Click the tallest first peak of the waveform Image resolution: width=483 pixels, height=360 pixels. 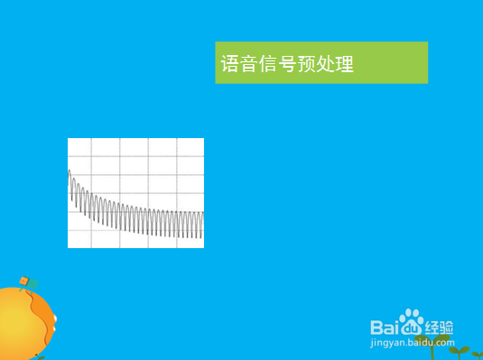pyautogui.click(x=70, y=171)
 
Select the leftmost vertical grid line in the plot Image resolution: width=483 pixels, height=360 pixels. pyautogui.click(x=92, y=192)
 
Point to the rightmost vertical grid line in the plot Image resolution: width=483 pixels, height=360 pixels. pyautogui.click(x=177, y=192)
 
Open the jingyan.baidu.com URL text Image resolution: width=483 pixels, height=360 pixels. pyautogui.click(x=412, y=343)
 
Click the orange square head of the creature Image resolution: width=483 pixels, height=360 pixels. pyautogui.click(x=23, y=281)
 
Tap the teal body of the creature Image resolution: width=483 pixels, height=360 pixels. pyautogui.click(x=33, y=284)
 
